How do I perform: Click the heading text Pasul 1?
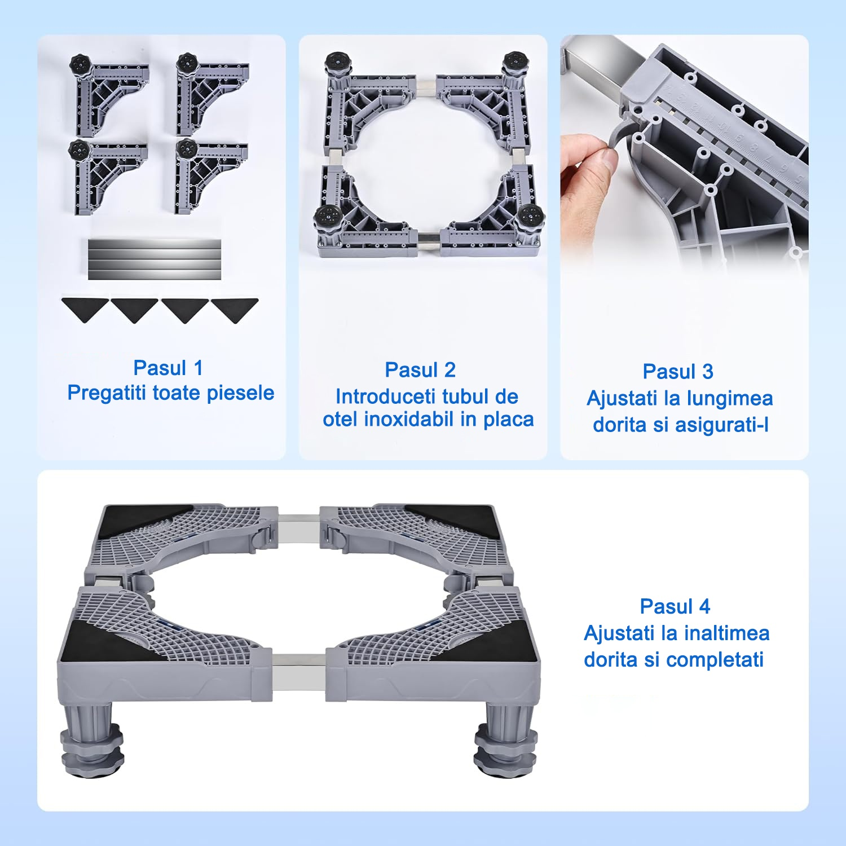click(168, 368)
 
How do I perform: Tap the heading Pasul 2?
click(420, 370)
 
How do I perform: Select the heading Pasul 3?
click(678, 372)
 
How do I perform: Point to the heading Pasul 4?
click(675, 606)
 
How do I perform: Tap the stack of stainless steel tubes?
click(155, 259)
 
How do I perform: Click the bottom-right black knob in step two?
click(530, 216)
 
